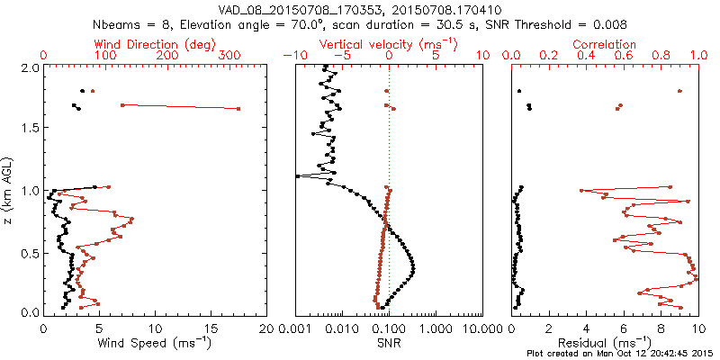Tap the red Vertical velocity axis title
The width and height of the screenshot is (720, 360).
point(388,44)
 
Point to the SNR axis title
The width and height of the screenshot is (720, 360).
point(389,342)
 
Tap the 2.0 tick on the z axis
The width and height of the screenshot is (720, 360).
point(30,68)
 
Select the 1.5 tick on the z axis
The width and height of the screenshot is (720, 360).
point(30,129)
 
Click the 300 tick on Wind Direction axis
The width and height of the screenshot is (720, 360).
point(230,55)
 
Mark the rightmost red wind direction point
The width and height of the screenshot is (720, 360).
point(238,109)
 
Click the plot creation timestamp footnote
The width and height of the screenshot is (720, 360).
point(620,354)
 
